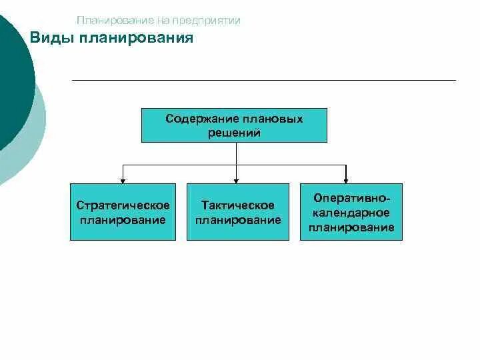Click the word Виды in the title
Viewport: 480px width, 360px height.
coord(51,38)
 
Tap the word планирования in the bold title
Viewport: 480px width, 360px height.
coord(136,38)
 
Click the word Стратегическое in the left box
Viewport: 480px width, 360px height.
coord(123,205)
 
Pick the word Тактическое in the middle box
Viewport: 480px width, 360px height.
coord(238,205)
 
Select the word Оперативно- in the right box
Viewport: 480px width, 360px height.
coord(351,199)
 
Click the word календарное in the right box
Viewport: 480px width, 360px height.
coord(351,213)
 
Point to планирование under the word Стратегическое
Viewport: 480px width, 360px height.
coord(123,219)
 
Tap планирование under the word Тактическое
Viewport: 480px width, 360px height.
coord(238,219)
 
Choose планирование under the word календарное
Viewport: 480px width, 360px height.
coord(351,227)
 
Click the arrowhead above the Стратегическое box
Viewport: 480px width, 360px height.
coord(122,179)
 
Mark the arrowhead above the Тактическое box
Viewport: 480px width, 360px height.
coord(237,179)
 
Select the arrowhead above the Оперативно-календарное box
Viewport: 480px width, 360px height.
coord(345,179)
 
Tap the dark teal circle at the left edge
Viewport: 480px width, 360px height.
coord(13,80)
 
